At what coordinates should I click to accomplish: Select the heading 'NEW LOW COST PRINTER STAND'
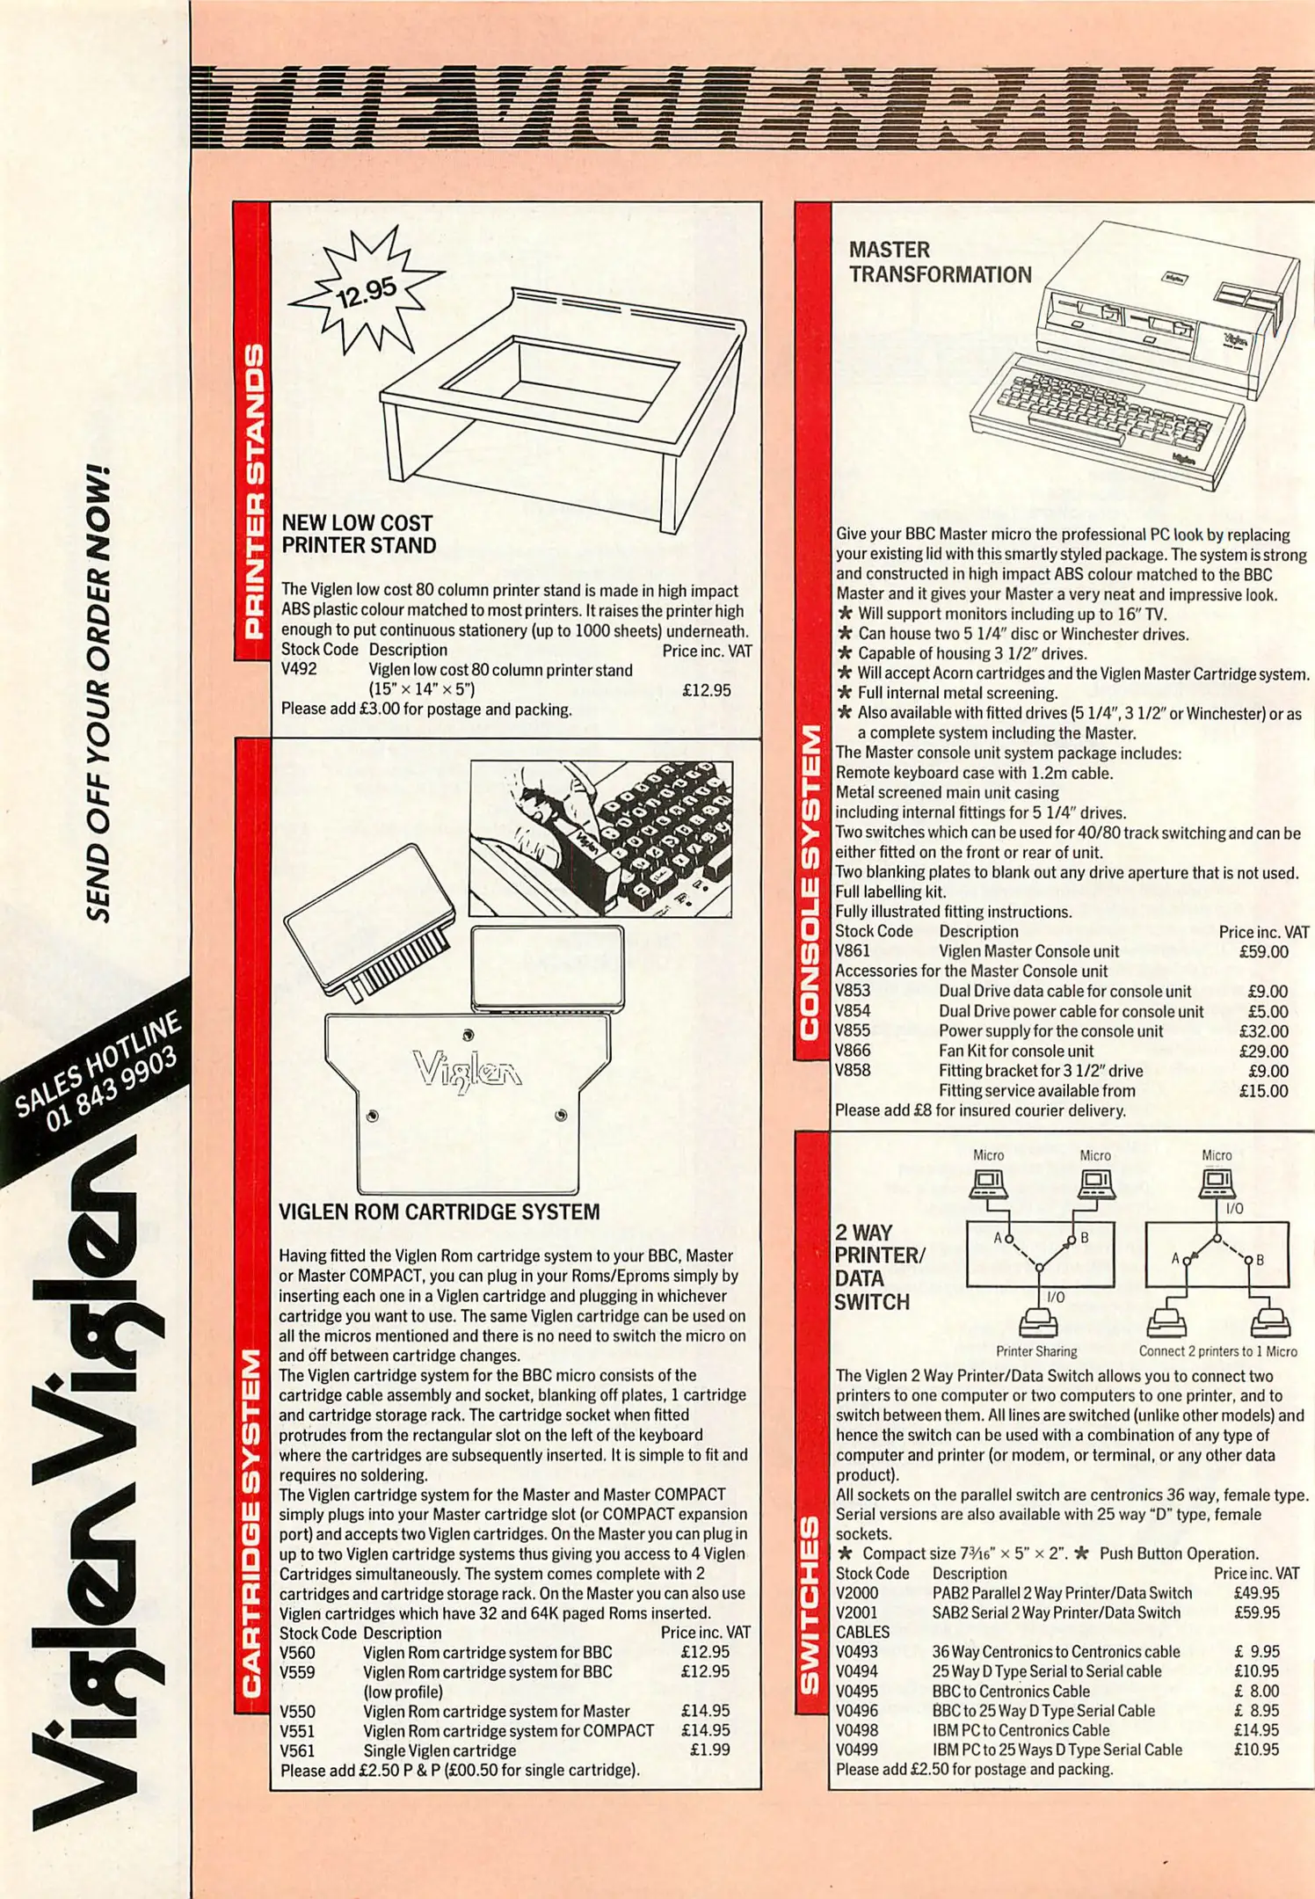tap(358, 534)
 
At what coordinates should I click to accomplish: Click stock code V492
tap(299, 669)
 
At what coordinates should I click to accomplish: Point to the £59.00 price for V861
tap(1263, 951)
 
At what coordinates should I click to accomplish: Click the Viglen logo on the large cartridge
tap(468, 1070)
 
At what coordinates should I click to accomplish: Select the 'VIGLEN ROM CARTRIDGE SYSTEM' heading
tap(439, 1211)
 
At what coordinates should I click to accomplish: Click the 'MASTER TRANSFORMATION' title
tap(940, 262)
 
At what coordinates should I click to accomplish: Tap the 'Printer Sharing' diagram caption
tap(1035, 1351)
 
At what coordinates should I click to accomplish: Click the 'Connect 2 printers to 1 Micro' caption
tap(1217, 1351)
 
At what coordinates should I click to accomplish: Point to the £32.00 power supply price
tap(1263, 1031)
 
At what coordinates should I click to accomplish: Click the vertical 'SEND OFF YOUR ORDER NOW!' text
tap(98, 694)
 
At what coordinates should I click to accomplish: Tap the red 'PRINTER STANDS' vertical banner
tap(252, 490)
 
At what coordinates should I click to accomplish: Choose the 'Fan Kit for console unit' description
tap(1016, 1051)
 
